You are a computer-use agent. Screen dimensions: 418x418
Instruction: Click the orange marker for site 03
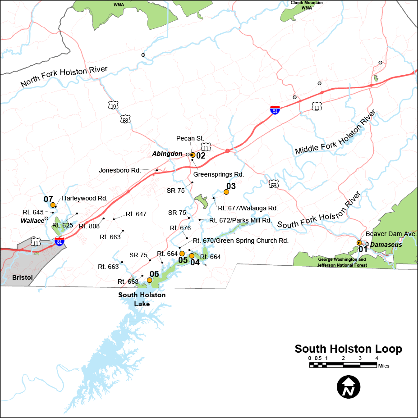click(x=226, y=192)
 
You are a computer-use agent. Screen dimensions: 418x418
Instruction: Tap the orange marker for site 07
click(x=53, y=205)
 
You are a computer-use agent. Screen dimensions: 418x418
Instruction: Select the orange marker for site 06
click(x=150, y=280)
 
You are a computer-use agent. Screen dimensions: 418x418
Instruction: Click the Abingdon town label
click(x=167, y=154)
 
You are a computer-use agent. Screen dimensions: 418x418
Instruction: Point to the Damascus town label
click(x=386, y=245)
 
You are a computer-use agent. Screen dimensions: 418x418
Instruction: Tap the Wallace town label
click(x=32, y=221)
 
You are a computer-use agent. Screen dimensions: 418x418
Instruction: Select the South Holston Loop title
click(x=348, y=349)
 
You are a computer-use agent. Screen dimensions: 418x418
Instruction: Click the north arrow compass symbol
click(x=349, y=386)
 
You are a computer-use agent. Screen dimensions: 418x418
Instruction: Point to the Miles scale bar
click(x=343, y=365)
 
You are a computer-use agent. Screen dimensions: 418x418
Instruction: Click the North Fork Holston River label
click(x=64, y=77)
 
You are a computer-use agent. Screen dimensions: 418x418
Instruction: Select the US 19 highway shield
click(x=113, y=105)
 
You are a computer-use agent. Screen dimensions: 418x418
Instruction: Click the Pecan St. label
click(x=190, y=138)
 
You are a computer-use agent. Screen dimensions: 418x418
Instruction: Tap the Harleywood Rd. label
click(x=84, y=198)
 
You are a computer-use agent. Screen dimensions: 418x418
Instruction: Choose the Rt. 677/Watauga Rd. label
click(x=248, y=208)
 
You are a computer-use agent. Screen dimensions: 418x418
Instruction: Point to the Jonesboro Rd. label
click(x=120, y=171)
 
